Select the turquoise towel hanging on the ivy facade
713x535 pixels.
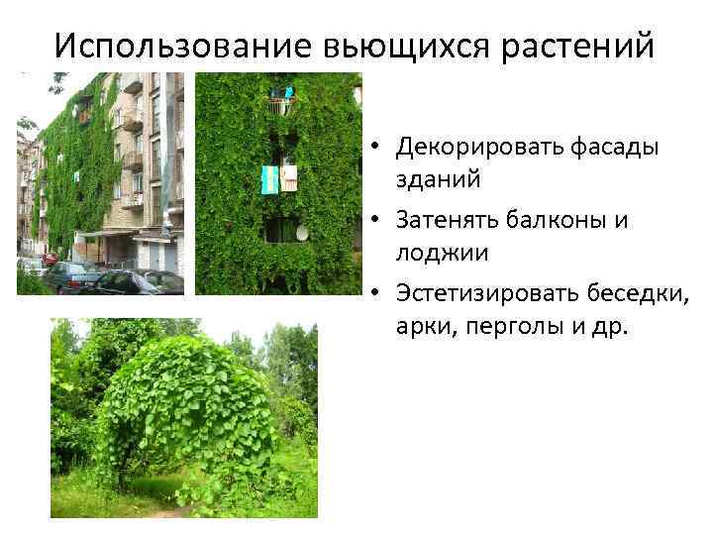coord(268,179)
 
